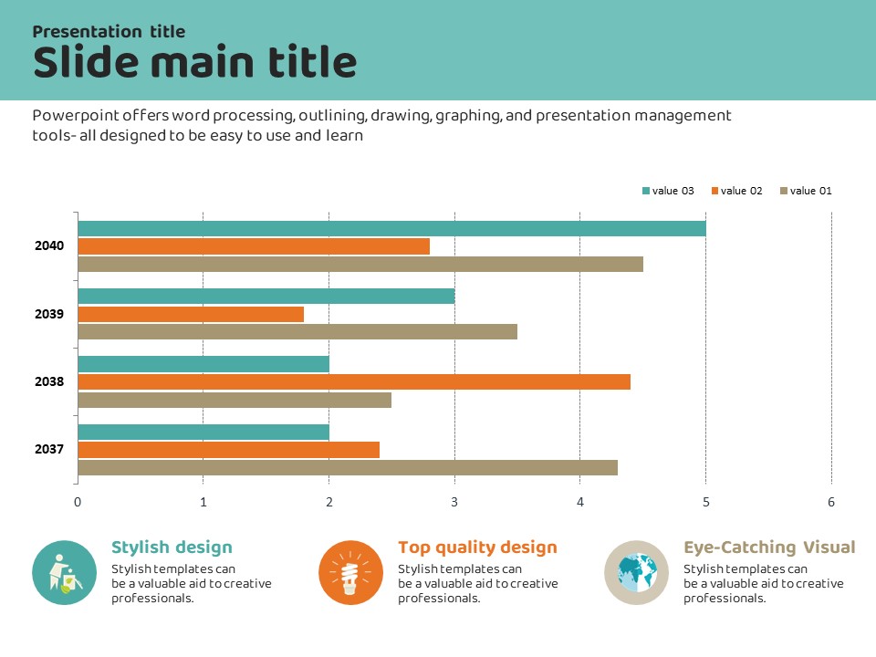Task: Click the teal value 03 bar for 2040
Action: [x=391, y=228]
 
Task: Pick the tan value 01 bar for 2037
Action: [x=348, y=467]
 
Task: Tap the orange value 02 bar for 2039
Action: [x=191, y=314]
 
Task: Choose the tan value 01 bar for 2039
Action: [x=297, y=331]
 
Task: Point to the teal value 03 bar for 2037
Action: [x=203, y=432]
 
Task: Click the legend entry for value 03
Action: [x=668, y=191]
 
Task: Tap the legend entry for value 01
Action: [x=806, y=191]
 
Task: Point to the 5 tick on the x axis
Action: [x=705, y=502]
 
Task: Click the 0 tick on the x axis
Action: [x=78, y=502]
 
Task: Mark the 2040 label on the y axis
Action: [x=49, y=245]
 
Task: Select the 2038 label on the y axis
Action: [x=49, y=381]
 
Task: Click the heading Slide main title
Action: [x=194, y=62]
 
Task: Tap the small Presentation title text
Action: [x=109, y=31]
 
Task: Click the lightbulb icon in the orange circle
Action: [x=350, y=573]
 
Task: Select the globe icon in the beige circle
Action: [x=637, y=573]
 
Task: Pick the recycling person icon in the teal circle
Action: [x=64, y=573]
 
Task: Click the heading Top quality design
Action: [x=477, y=547]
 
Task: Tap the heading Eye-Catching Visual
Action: [x=769, y=547]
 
